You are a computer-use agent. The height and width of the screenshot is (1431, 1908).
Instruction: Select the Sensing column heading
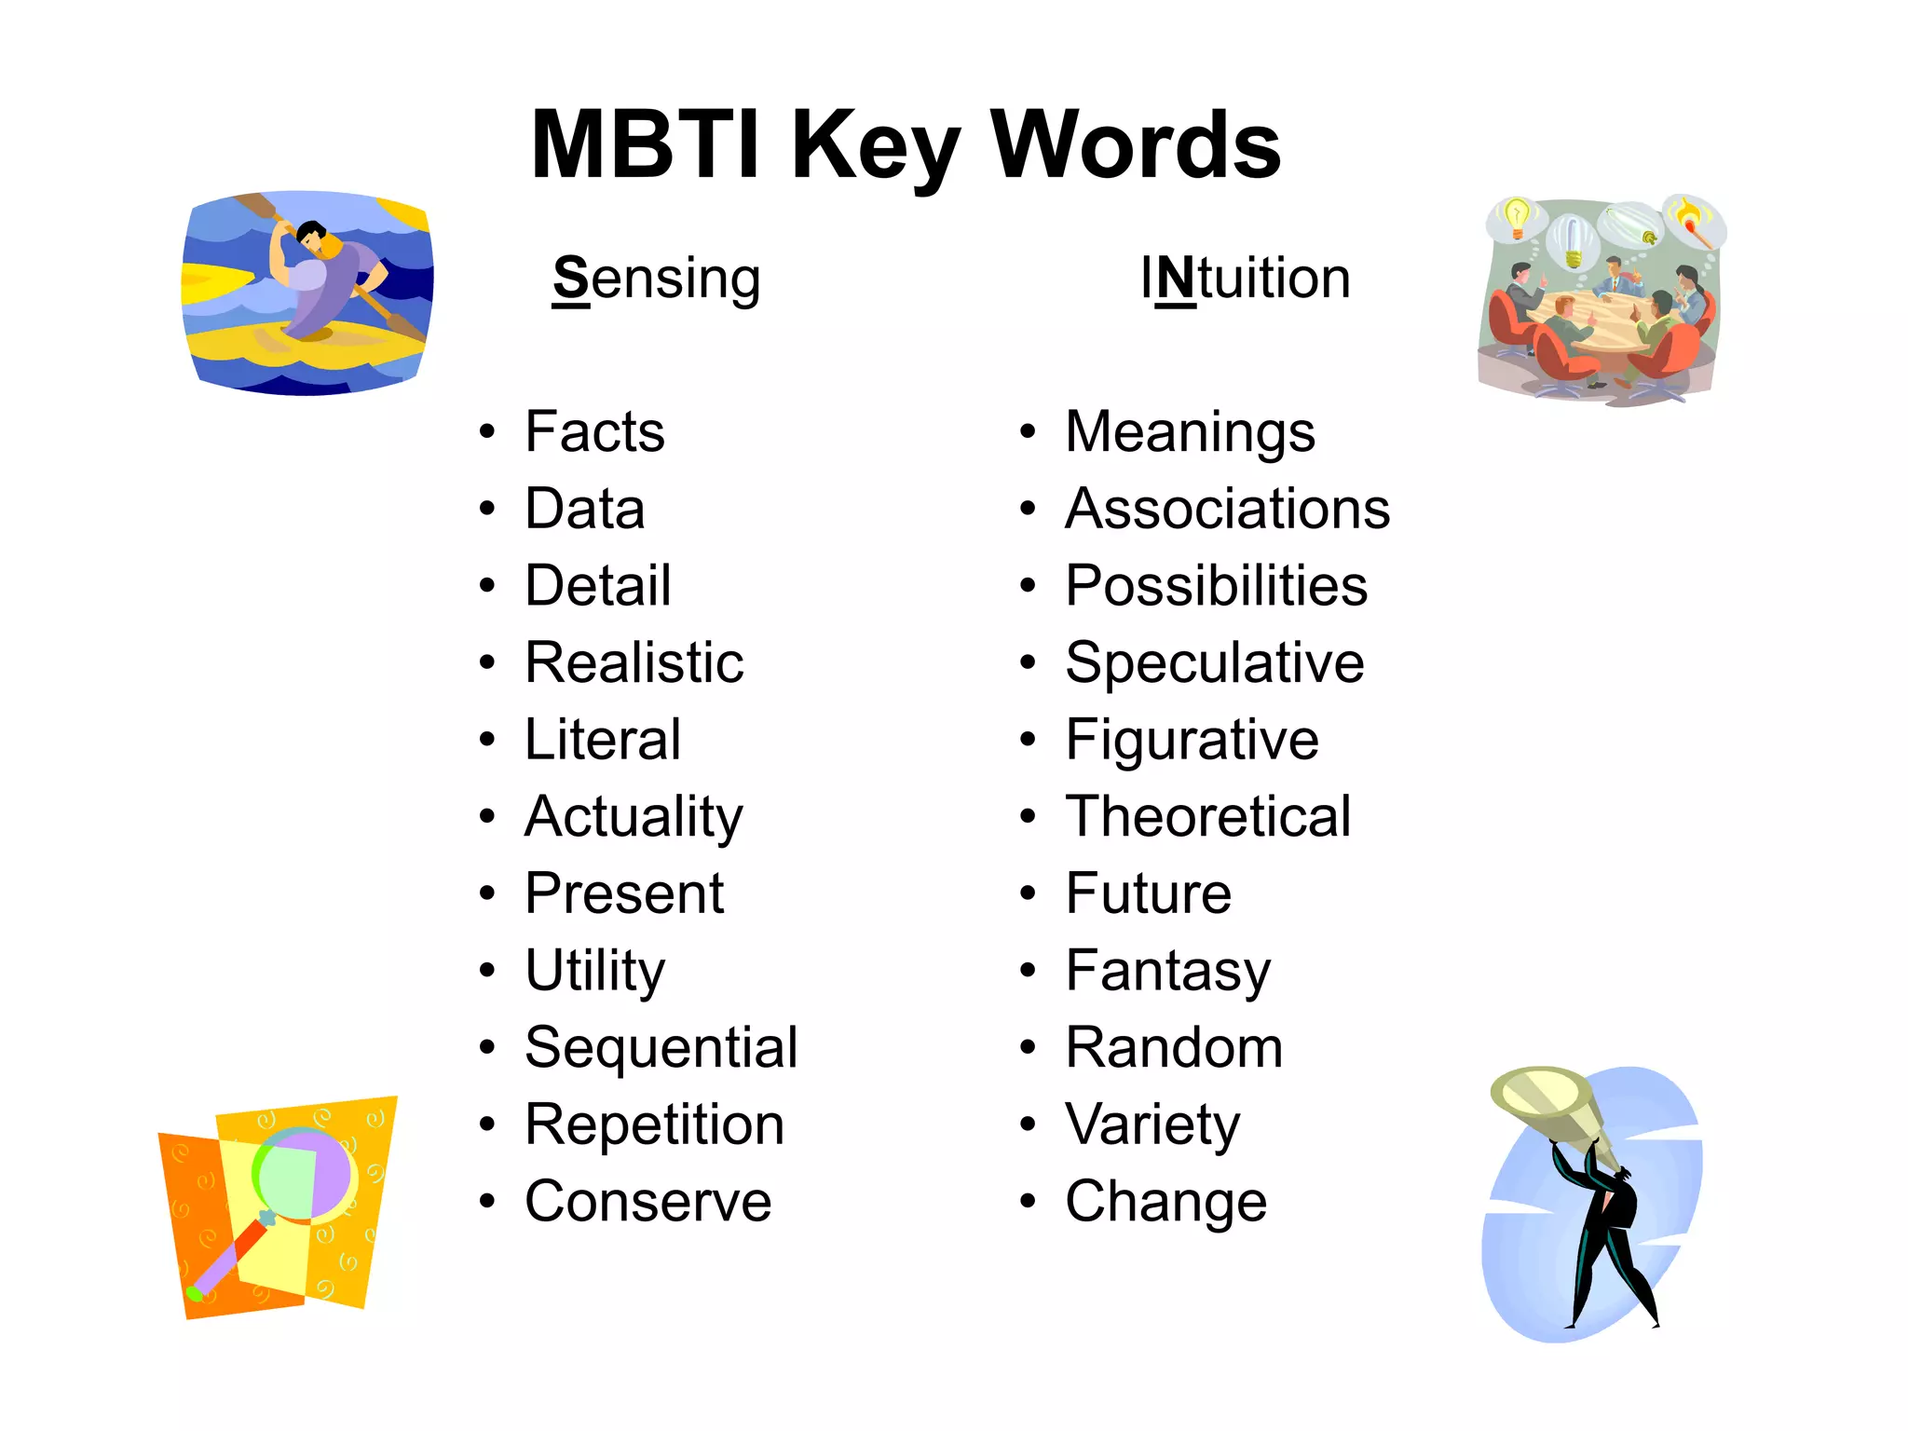657,279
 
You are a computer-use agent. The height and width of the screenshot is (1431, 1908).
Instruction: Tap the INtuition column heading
1246,279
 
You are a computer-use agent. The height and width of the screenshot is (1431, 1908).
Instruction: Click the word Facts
594,431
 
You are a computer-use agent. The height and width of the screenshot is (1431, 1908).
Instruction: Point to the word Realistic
634,662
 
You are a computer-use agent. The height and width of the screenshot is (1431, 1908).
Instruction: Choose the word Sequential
661,1047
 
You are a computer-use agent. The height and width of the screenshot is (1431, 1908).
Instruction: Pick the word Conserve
648,1201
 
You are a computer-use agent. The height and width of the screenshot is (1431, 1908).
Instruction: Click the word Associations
1227,509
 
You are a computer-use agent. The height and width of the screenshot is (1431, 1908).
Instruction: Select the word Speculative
1214,662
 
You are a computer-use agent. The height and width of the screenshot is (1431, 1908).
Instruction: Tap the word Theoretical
1207,816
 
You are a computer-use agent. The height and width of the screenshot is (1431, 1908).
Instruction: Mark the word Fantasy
1167,971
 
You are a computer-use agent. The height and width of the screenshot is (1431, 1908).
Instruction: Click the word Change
1165,1201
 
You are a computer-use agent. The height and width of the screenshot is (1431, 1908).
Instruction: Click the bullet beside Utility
487,971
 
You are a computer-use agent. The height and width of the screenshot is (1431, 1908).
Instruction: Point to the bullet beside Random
1028,1047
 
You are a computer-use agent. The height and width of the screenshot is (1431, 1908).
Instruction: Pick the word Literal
603,740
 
